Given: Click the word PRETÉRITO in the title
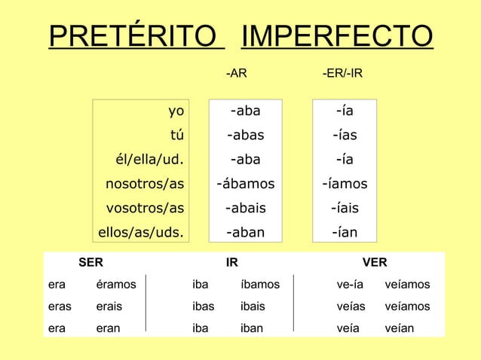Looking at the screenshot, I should pos(136,36).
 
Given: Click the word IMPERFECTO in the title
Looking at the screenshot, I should pos(335,36).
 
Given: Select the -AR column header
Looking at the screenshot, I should pos(237,74).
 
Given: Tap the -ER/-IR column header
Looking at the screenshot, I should pos(342,74).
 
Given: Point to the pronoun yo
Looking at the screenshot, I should pos(176,111).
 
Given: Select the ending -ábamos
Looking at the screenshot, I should pos(246,183).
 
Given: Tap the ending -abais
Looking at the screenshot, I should pos(246,208).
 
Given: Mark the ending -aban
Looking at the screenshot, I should pos(246,232).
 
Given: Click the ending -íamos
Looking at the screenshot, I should pos(345,183).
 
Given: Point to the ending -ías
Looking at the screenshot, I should pos(345,136).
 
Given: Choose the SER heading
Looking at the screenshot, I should pos(92,263).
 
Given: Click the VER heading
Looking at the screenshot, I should pos(375,263).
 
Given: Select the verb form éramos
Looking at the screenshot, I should pos(116,285).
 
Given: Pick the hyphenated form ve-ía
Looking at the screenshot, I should pos(351,285).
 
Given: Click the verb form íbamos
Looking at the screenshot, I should pos(260,285).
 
